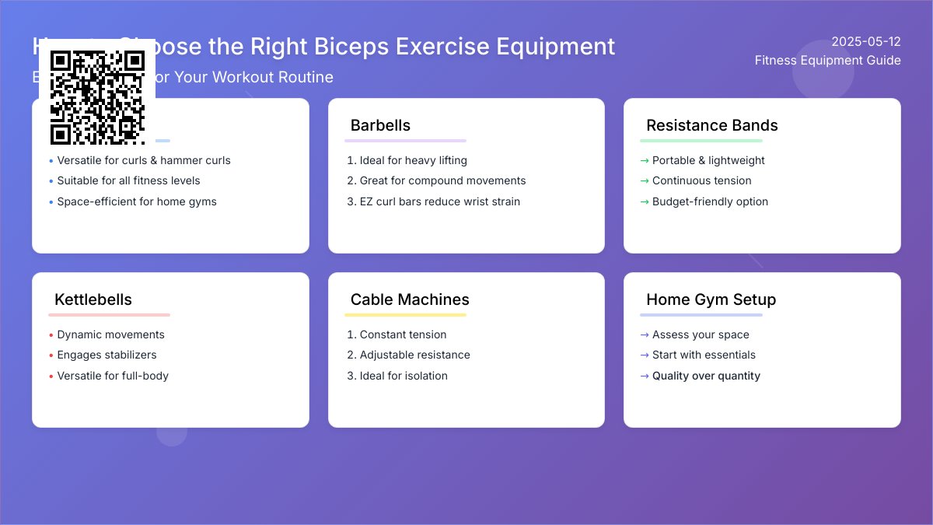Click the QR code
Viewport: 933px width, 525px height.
(97, 97)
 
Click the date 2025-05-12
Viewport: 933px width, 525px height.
(865, 41)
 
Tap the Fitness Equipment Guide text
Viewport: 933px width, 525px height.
(827, 61)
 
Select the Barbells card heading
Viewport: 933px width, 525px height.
(380, 125)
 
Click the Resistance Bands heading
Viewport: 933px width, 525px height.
(711, 125)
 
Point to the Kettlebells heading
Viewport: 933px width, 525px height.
(93, 299)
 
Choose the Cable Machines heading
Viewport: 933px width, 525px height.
(410, 299)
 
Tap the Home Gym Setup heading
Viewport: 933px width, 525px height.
(711, 299)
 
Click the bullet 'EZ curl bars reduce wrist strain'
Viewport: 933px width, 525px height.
(439, 201)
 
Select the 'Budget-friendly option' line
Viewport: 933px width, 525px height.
(710, 201)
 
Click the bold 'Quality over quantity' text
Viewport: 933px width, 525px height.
(706, 376)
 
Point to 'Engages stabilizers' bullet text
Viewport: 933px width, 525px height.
(107, 355)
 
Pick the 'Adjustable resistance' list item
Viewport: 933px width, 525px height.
(414, 355)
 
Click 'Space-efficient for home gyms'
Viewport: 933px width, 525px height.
(137, 201)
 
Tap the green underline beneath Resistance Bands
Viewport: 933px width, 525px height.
(701, 141)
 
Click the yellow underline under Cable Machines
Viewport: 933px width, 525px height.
(405, 315)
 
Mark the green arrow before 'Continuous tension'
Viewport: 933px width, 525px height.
(644, 181)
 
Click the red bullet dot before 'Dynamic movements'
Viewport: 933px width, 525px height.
(51, 335)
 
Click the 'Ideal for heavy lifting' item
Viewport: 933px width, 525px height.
(413, 160)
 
